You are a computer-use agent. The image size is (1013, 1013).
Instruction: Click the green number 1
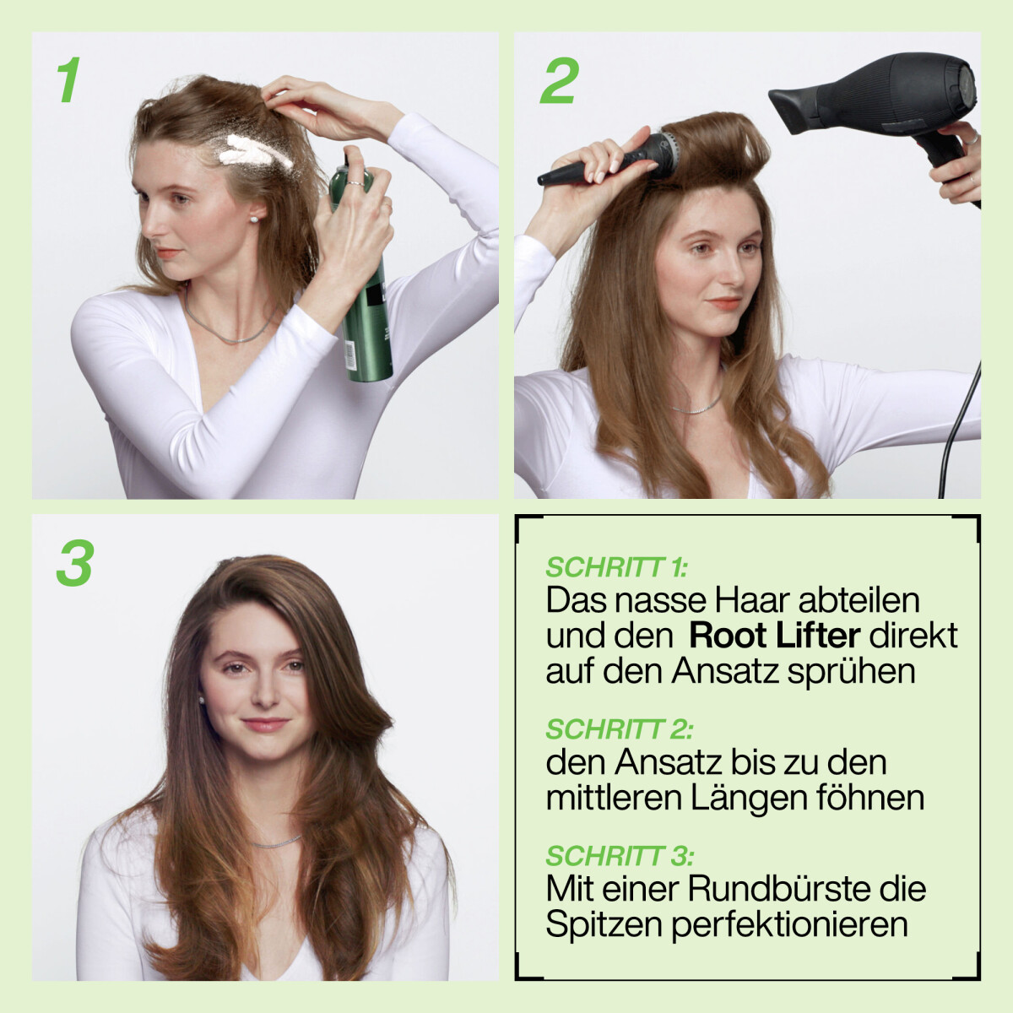pos(68,79)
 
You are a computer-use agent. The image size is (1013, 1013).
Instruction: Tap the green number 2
pos(560,80)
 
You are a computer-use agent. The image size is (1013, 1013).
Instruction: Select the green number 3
pos(75,563)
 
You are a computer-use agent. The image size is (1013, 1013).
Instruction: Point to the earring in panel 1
pos(256,218)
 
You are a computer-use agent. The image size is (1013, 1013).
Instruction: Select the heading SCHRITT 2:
pos(620,729)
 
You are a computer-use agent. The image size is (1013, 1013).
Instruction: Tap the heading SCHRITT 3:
pos(620,856)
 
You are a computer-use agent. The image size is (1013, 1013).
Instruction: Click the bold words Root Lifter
pos(774,637)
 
